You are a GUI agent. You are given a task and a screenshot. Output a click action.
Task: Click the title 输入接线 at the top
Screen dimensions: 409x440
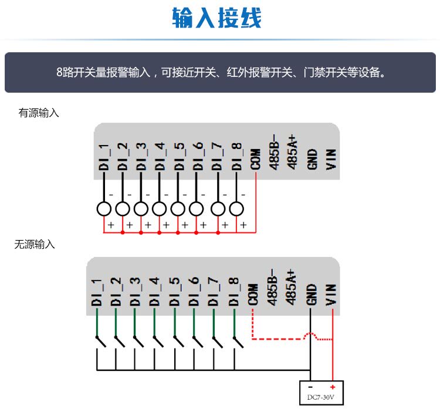[x=216, y=19]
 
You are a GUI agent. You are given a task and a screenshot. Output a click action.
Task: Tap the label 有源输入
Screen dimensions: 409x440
[x=39, y=113]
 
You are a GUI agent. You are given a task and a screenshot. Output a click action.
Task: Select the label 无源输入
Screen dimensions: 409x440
[x=35, y=245]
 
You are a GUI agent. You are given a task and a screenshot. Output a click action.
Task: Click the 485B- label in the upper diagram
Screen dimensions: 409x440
[x=274, y=154]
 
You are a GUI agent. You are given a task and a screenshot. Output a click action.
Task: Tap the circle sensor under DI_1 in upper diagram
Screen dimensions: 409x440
[x=104, y=208]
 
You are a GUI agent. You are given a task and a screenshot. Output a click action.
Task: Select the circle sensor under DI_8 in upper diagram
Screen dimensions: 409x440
[x=236, y=208]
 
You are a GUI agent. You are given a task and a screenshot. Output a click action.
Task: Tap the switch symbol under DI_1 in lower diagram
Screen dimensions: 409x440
[x=98, y=340]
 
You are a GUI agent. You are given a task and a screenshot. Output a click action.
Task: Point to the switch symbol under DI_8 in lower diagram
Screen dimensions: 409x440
[x=237, y=340]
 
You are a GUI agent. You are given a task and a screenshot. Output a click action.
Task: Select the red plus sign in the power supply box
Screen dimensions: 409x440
[x=332, y=387]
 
